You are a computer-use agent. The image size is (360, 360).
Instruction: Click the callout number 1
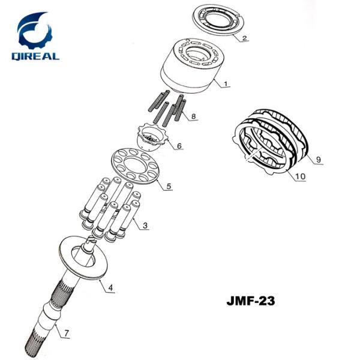pyautogui.click(x=225, y=84)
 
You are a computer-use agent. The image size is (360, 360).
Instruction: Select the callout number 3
pyautogui.click(x=145, y=226)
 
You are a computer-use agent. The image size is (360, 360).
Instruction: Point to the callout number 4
pyautogui.click(x=110, y=288)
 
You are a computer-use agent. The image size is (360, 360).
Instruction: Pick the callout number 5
pyautogui.click(x=169, y=185)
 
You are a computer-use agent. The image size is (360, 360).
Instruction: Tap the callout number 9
pyautogui.click(x=319, y=160)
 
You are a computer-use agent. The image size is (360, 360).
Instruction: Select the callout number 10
pyautogui.click(x=299, y=176)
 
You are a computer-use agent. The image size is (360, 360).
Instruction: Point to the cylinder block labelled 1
pyautogui.click(x=190, y=68)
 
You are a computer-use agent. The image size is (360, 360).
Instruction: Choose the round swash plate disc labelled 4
pyautogui.click(x=88, y=260)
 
